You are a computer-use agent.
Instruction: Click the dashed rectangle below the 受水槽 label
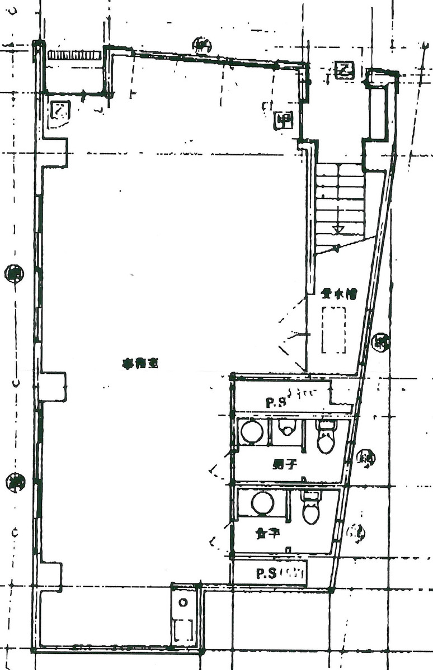pos(334,330)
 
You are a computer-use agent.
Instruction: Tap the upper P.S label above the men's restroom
pos(276,402)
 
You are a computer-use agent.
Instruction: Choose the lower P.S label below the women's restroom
pos(267,573)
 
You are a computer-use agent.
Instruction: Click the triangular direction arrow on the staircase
pos(337,229)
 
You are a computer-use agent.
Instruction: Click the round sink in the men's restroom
pos(252,432)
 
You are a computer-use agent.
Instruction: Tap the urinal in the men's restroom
pos(287,429)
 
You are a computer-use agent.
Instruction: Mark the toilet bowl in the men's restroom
pos(326,436)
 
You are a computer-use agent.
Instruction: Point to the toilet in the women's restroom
pos(310,507)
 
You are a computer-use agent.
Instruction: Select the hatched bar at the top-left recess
pos(74,55)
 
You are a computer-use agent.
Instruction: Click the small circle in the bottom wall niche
pos(182,603)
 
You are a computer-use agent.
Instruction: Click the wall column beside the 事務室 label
pos(53,386)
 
